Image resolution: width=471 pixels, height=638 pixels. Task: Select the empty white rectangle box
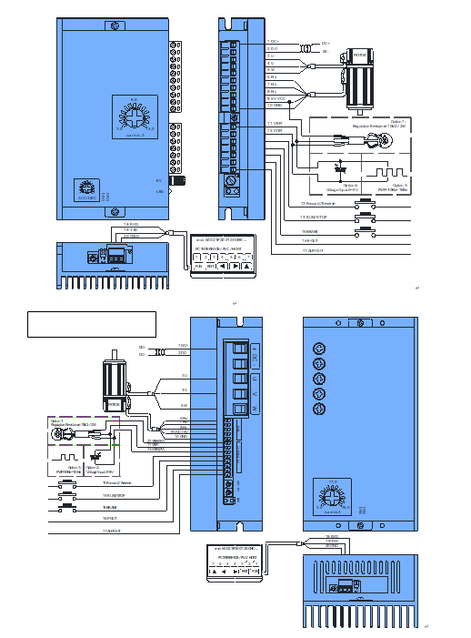91,323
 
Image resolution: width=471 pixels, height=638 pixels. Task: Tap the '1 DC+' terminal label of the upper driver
273,42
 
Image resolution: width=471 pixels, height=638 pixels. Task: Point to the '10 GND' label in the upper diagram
275,106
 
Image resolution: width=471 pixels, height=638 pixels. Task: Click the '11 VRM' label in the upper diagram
275,122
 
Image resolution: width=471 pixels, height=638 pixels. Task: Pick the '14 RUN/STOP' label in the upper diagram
314,218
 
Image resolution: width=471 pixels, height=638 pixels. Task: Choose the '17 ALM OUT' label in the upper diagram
312,248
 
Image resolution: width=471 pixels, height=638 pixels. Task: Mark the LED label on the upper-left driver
159,191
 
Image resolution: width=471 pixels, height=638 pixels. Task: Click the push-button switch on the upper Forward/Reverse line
367,204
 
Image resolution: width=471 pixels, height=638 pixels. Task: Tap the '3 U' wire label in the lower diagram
184,375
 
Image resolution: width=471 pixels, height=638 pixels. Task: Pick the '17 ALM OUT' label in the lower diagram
111,530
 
